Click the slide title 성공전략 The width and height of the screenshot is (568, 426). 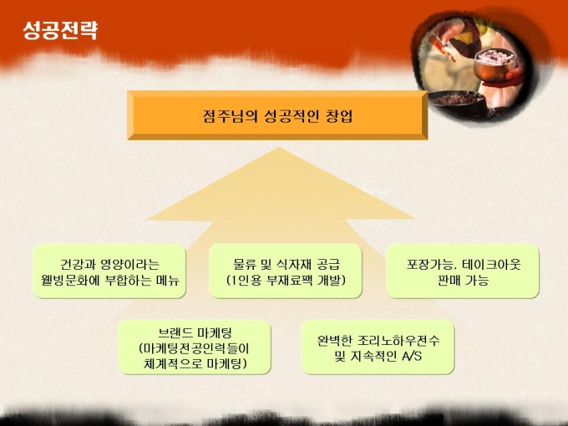point(60,30)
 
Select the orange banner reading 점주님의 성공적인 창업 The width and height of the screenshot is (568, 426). point(277,115)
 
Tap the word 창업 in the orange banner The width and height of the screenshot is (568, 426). point(338,115)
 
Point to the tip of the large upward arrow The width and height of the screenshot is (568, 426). point(278,148)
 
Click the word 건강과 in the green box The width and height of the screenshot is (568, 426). point(77,264)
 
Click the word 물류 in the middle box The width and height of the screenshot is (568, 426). point(245,264)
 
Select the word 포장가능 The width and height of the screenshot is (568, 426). point(429,264)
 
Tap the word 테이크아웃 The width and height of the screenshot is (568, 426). point(491,264)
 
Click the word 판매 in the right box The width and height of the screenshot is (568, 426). point(449,280)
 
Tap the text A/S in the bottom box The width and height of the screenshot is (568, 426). point(412,356)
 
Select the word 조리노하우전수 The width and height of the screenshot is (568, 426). point(398,340)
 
